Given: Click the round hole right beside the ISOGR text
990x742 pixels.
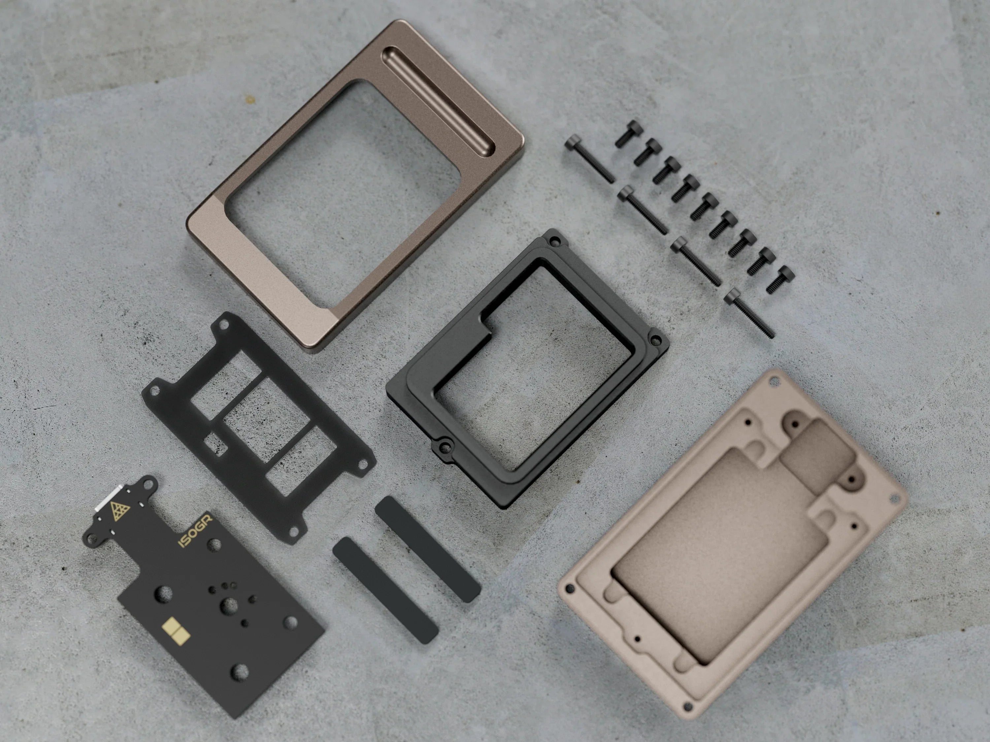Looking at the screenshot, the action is pyautogui.click(x=215, y=544).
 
